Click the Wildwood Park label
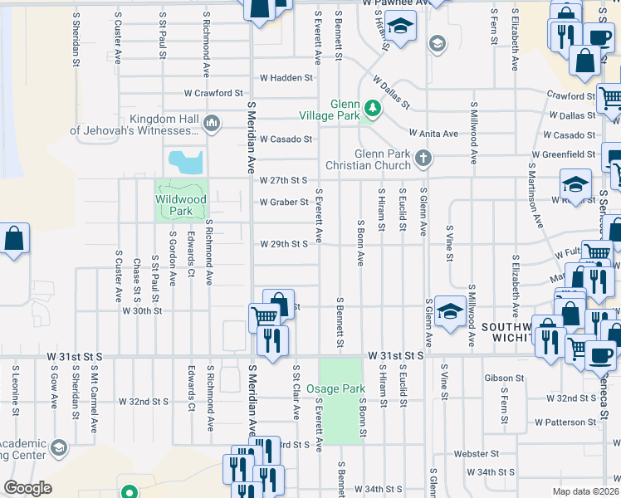click(x=180, y=205)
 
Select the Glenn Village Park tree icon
click(x=374, y=107)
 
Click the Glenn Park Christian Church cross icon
click(x=423, y=158)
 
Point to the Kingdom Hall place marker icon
click(x=211, y=124)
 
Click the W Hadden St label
click(x=286, y=77)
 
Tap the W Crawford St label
click(x=213, y=93)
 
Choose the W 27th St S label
click(x=283, y=180)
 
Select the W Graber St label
click(x=283, y=202)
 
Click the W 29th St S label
click(x=283, y=244)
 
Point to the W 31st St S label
click(x=397, y=355)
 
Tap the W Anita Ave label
click(x=433, y=134)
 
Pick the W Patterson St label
click(x=565, y=422)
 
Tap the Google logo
click(x=27, y=488)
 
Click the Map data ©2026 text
click(x=586, y=491)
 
